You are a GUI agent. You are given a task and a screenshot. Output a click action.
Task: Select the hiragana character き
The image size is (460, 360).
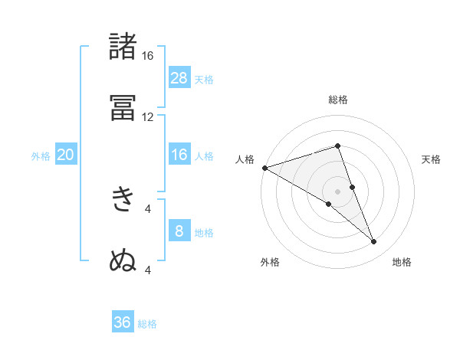click(x=123, y=198)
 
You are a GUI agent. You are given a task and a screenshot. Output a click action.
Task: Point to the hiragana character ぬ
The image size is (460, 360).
click(x=123, y=260)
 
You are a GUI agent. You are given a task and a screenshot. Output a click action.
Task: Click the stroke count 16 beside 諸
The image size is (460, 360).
click(x=147, y=56)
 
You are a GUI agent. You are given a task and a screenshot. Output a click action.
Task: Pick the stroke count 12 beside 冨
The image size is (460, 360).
click(x=147, y=117)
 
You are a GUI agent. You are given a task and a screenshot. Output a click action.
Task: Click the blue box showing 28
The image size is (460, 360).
click(x=179, y=77)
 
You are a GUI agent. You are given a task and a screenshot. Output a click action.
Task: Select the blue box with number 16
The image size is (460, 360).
click(x=179, y=155)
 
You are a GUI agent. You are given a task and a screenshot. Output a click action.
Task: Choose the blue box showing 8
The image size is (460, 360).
click(x=179, y=231)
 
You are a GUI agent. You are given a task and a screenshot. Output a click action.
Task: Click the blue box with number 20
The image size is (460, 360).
click(x=66, y=155)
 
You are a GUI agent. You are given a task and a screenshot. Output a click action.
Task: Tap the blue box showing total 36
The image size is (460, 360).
click(x=123, y=322)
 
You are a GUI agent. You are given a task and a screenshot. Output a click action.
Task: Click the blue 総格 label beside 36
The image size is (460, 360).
click(x=148, y=324)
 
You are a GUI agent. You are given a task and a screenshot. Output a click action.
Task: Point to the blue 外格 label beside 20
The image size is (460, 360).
click(x=41, y=156)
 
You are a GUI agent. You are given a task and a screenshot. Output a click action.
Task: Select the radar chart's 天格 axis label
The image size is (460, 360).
click(x=432, y=159)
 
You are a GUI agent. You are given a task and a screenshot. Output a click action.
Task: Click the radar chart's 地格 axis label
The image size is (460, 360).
click(x=402, y=263)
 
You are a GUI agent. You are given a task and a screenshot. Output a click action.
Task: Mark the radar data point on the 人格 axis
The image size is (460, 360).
click(x=264, y=168)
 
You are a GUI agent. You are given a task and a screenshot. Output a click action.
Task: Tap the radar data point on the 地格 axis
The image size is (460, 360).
click(x=374, y=242)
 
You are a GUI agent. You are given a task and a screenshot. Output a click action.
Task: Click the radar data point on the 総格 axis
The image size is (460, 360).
click(x=337, y=146)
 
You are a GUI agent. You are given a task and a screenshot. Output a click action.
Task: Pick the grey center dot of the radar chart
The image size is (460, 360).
click(x=337, y=191)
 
